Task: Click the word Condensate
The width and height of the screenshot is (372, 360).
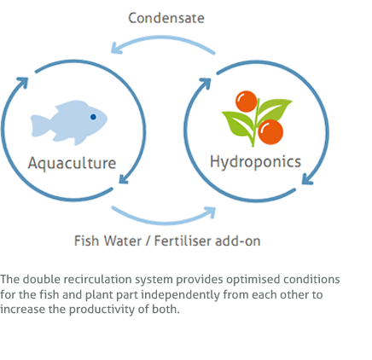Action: pyautogui.click(x=166, y=18)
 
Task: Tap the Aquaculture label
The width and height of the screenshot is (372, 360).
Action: pyautogui.click(x=72, y=163)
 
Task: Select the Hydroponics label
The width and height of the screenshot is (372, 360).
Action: pyautogui.click(x=255, y=162)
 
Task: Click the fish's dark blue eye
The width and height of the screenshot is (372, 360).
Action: pyautogui.click(x=93, y=117)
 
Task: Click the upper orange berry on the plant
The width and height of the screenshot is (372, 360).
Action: pyautogui.click(x=247, y=102)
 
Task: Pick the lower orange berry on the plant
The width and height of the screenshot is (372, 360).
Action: pyautogui.click(x=270, y=132)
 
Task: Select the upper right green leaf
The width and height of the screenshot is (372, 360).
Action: pyautogui.click(x=276, y=108)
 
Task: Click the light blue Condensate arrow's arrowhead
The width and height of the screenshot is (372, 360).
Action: pyautogui.click(x=116, y=48)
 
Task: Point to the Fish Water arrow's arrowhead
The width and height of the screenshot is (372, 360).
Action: pyautogui.click(x=210, y=212)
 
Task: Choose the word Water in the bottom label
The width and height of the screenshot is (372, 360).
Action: pyautogui.click(x=123, y=241)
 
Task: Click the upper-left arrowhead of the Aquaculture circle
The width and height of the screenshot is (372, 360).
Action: pyautogui.click(x=23, y=82)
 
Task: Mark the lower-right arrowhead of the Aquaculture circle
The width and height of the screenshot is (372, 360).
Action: pyautogui.click(x=124, y=179)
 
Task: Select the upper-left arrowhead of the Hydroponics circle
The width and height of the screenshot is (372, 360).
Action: pyautogui.click(x=206, y=83)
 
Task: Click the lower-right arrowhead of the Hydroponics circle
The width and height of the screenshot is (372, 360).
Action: pyautogui.click(x=307, y=179)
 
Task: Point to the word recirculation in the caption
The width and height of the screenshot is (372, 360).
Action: pyautogui.click(x=99, y=279)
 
